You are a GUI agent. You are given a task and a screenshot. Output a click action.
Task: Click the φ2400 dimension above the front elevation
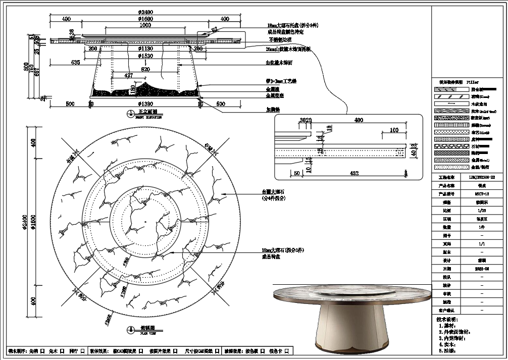point(145,12)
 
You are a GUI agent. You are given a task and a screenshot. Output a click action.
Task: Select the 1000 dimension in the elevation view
point(145,25)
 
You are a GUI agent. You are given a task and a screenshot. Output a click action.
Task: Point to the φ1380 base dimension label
point(145,104)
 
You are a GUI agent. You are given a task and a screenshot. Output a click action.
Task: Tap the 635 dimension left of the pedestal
point(76,63)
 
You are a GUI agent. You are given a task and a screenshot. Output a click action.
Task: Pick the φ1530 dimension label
point(145,56)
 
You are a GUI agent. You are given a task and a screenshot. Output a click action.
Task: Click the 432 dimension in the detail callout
point(354,173)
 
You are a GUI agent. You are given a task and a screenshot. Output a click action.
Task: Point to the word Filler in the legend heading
point(472,82)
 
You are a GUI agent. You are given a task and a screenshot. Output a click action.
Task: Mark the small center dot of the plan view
point(145,221)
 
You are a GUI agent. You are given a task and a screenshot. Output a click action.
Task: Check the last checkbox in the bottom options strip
point(293,350)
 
